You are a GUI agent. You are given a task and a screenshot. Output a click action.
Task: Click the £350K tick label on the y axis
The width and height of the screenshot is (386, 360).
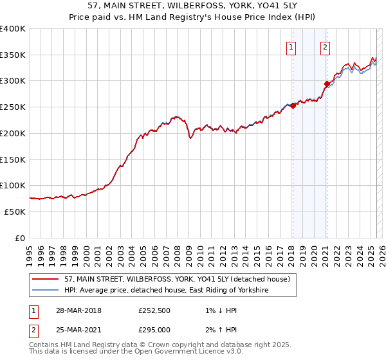click(13, 55)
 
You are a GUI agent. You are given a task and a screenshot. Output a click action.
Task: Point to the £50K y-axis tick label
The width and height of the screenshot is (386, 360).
click(15, 212)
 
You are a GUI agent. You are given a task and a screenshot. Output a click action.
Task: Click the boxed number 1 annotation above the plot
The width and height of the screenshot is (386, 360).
click(291, 47)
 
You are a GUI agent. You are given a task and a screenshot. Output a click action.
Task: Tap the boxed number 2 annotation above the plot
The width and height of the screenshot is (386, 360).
click(326, 47)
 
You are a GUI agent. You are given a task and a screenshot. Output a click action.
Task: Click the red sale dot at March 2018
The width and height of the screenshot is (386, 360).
click(293, 106)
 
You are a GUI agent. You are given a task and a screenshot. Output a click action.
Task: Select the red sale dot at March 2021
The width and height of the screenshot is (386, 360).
click(327, 84)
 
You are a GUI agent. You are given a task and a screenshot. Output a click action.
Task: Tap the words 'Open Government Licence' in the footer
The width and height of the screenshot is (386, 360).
click(171, 353)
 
